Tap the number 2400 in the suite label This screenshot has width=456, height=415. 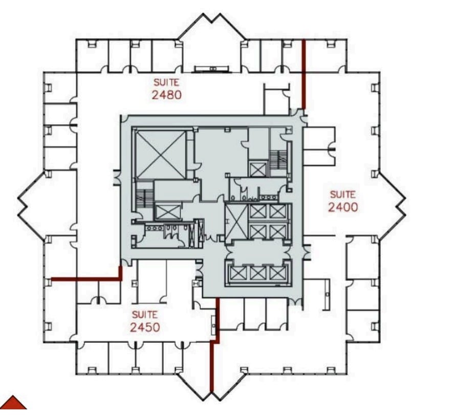(x=342, y=207)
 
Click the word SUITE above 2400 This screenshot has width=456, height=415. (x=342, y=194)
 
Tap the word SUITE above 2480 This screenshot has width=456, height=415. (x=167, y=81)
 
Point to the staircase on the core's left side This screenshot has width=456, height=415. (x=141, y=197)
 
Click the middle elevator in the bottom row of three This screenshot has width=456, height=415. (x=255, y=273)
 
